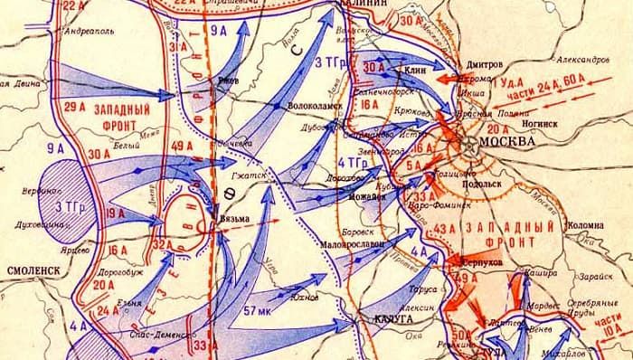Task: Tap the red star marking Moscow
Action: [468, 143]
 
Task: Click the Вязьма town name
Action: [234, 218]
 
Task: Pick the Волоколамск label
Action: [311, 116]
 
